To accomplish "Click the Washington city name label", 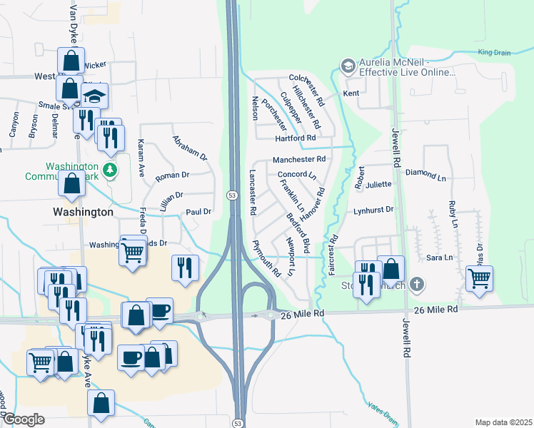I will tap(84, 212).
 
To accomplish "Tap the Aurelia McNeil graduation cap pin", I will tap(348, 66).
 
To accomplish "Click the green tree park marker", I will tap(109, 169).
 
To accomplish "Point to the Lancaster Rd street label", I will tap(252, 193).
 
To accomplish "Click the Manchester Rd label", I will tap(299, 159).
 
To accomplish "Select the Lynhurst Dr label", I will tap(373, 210).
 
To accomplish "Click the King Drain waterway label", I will tap(495, 52).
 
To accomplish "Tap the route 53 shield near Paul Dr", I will tap(233, 195).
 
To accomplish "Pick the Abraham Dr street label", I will tap(189, 148).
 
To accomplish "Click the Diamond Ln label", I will tap(425, 173).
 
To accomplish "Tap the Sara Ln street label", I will tap(439, 258).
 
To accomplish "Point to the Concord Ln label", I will tap(296, 175).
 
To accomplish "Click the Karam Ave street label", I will tap(141, 158).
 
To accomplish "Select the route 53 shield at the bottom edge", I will tap(237, 423).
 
